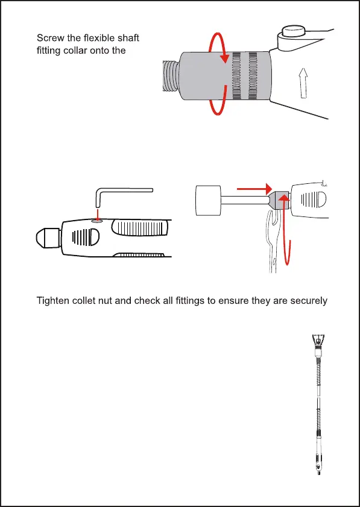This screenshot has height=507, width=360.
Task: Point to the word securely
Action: pos(309,301)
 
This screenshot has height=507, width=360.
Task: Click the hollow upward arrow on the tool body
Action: pos(303,83)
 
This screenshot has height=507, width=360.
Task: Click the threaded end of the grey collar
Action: pos(171,77)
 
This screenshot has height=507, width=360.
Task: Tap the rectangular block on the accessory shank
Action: pos(209,200)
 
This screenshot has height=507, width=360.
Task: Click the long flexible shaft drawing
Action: pos(318,404)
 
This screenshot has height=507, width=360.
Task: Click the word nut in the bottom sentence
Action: pos(106,301)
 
